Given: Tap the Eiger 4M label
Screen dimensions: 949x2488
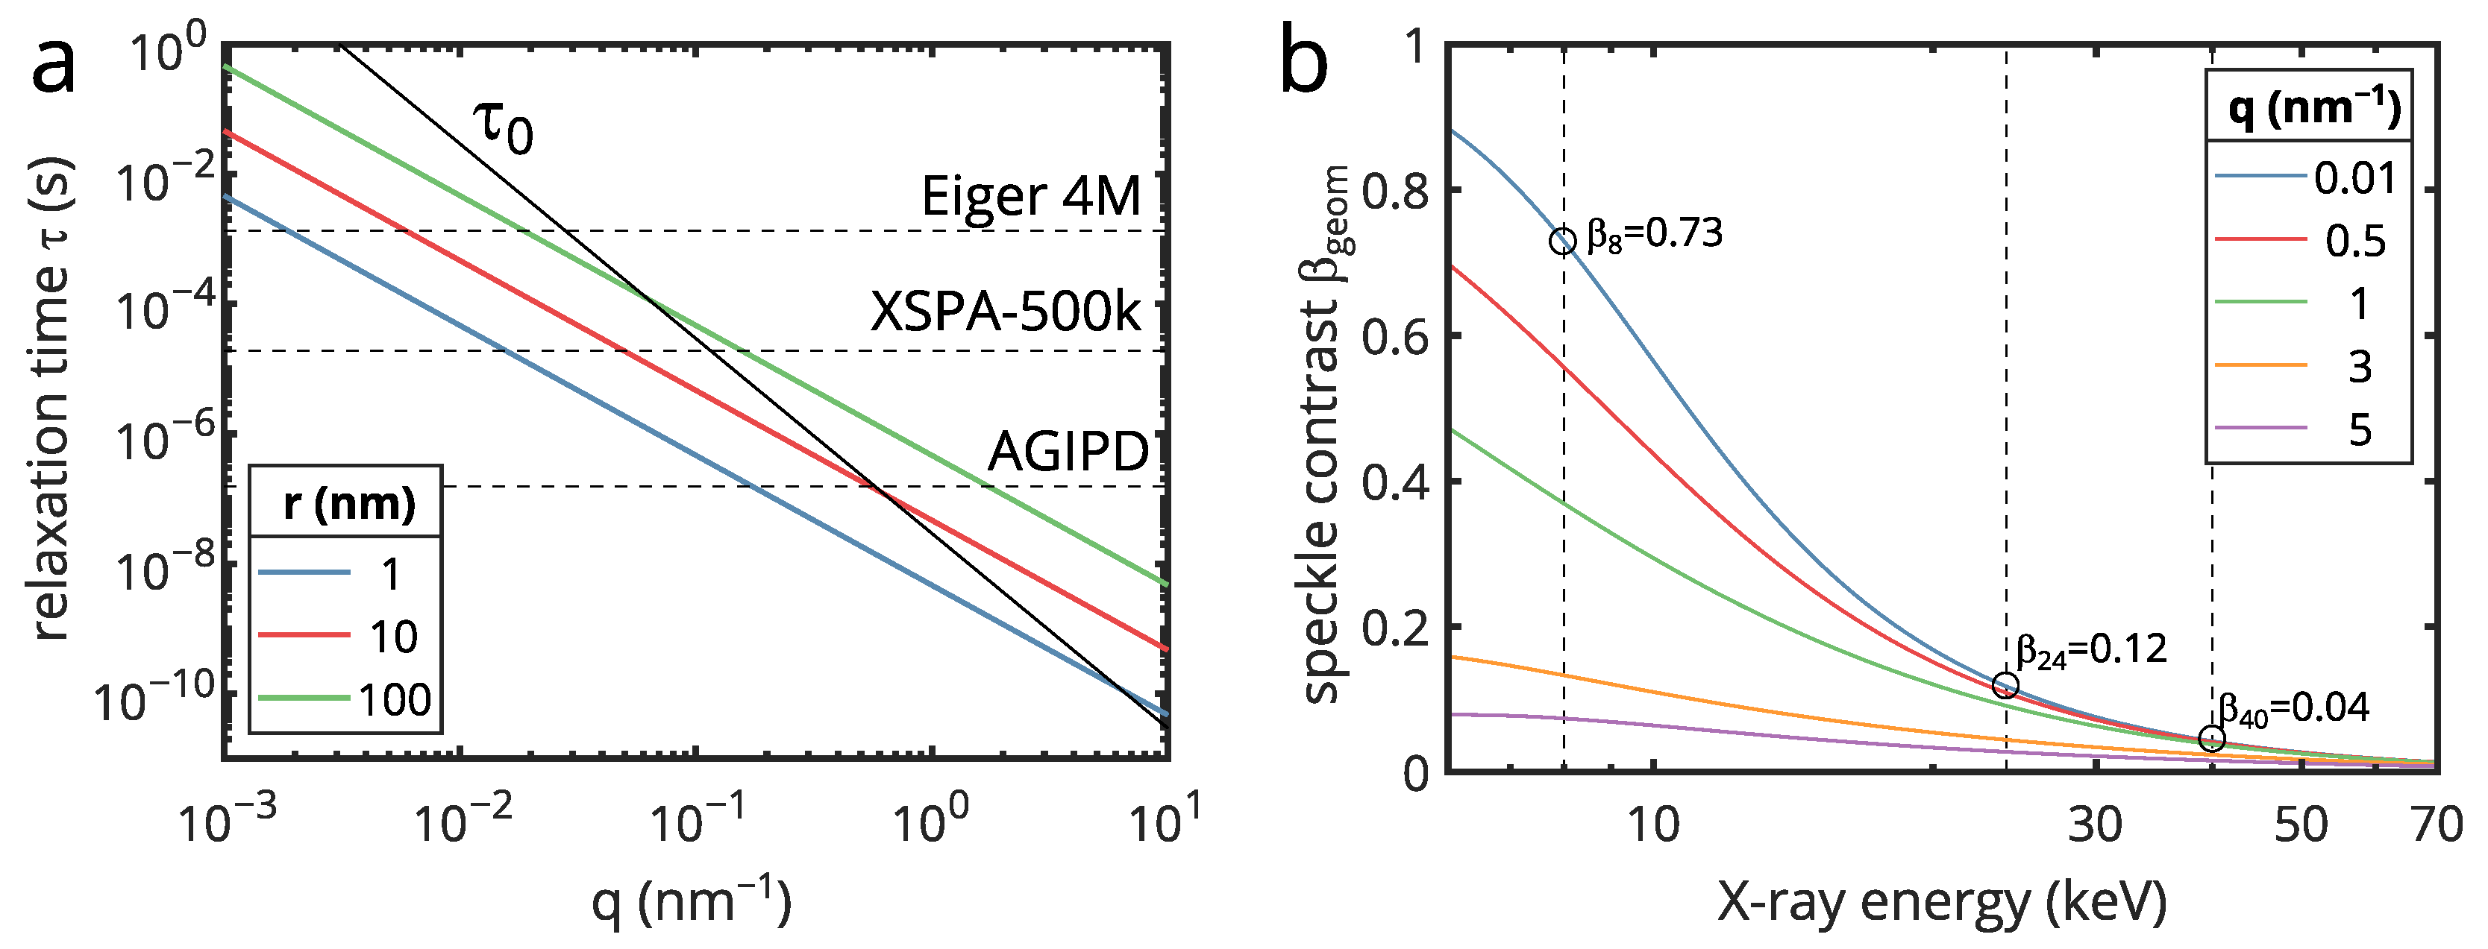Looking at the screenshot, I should pos(1030,196).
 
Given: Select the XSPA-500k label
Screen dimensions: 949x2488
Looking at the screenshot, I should pos(1004,312).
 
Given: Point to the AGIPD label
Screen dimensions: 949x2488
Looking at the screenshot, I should pos(1068,451).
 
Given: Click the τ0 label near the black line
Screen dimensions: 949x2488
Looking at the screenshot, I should pos(502,127).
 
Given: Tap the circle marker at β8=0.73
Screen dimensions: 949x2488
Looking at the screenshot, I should pos(1563,242).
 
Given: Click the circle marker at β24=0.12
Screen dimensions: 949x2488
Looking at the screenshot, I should pos(2005,685).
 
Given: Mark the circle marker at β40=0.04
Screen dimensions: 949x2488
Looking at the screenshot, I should pos(2212,739).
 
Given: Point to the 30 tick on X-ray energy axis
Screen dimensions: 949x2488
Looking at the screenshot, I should pos(2095,824).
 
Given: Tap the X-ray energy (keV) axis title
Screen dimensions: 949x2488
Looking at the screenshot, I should pos(1941,903).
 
